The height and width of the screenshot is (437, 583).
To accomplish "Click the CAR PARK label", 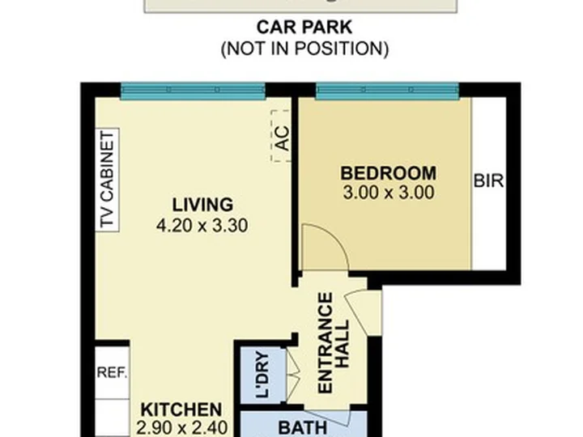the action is (x=304, y=28).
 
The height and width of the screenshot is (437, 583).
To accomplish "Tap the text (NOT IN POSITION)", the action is (x=305, y=49).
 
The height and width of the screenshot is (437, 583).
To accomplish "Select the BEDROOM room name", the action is (x=389, y=173).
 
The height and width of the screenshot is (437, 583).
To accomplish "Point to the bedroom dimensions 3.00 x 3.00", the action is (x=389, y=193).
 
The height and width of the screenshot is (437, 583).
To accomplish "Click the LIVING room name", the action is (x=202, y=205).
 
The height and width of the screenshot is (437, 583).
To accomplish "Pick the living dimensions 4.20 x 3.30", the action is (x=202, y=225).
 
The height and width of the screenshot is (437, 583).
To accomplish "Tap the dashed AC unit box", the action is (x=281, y=136).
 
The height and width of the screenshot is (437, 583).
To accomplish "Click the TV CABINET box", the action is (x=107, y=180).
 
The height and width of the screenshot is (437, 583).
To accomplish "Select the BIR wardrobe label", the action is (x=488, y=181).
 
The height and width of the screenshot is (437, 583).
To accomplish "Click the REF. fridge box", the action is (x=113, y=373).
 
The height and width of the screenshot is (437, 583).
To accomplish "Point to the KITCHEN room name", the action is (x=181, y=409).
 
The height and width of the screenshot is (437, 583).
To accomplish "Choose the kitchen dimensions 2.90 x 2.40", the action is (x=181, y=428).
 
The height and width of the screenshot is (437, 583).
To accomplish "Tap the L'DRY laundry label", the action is (x=263, y=375).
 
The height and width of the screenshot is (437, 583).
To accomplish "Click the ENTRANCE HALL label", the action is (x=334, y=342).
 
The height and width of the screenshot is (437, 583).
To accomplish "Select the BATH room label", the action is (x=303, y=428).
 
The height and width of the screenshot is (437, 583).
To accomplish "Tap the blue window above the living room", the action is (x=193, y=91).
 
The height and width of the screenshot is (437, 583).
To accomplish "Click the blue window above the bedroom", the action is (x=387, y=91).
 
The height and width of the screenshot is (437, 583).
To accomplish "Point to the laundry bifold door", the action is (x=292, y=375).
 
